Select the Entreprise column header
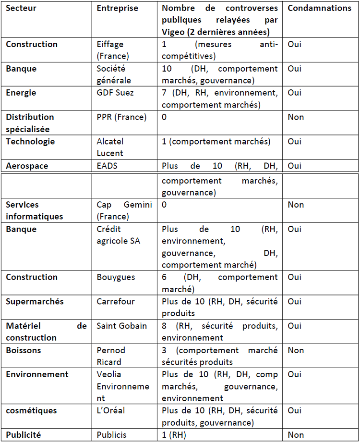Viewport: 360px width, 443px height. click(x=117, y=8)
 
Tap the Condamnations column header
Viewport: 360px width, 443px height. click(x=319, y=8)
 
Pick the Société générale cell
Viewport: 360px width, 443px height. click(x=114, y=74)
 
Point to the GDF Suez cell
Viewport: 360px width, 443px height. click(x=115, y=93)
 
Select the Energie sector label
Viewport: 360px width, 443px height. click(x=21, y=93)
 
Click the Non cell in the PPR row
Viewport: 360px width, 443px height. click(x=296, y=117)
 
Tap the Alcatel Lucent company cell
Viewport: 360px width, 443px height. click(x=110, y=147)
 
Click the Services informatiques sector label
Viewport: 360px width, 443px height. click(x=35, y=210)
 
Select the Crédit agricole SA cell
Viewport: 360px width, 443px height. click(x=119, y=235)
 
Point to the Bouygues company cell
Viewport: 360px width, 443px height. click(x=116, y=277)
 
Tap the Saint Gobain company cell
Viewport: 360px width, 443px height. click(x=121, y=326)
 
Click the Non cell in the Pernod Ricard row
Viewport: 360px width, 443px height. click(x=296, y=350)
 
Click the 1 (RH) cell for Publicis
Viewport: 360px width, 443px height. click(x=174, y=435)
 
